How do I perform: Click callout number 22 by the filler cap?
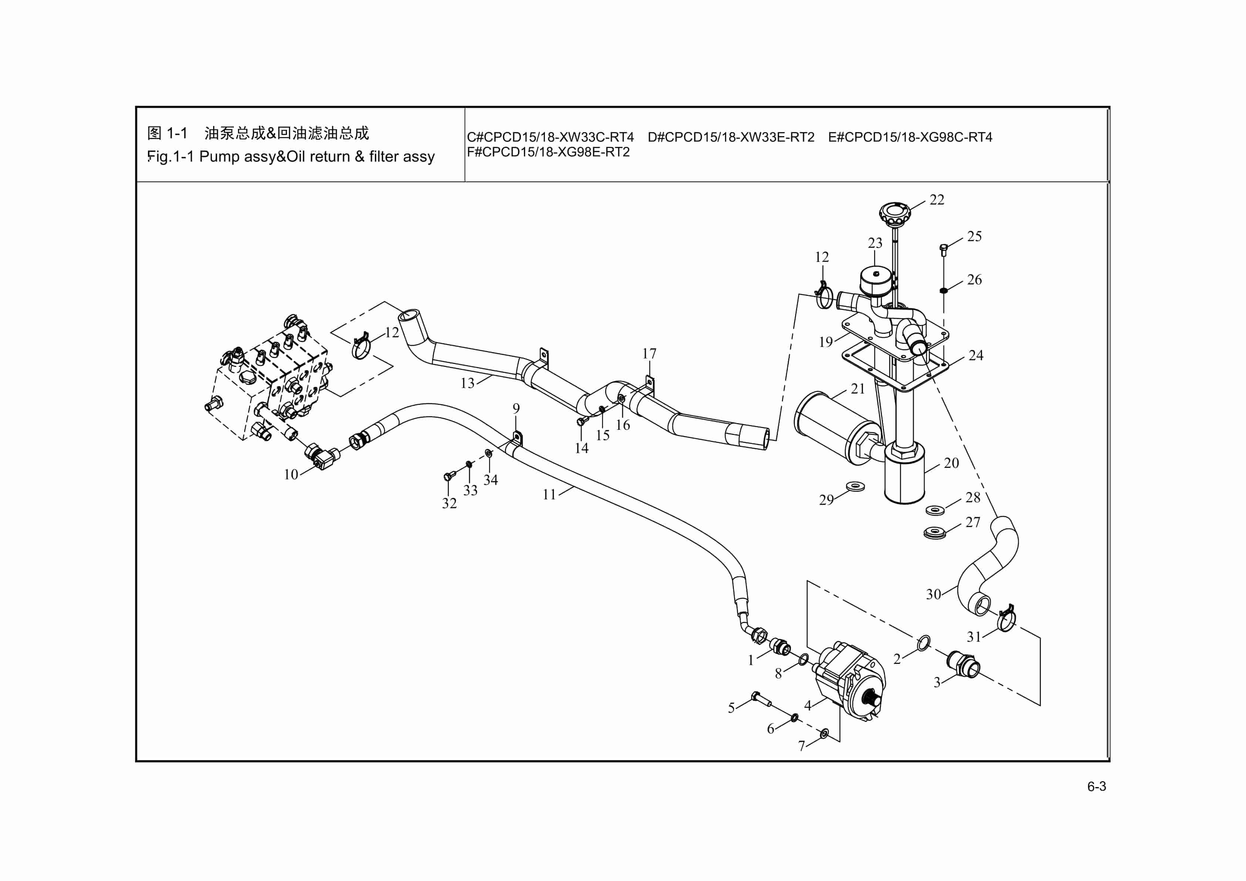pyautogui.click(x=937, y=200)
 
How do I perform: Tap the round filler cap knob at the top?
pyautogui.click(x=894, y=214)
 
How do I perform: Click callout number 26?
pyautogui.click(x=974, y=280)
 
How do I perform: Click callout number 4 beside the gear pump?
pyautogui.click(x=808, y=706)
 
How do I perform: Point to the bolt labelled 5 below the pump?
pyautogui.click(x=761, y=699)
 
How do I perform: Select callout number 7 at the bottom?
pyautogui.click(x=802, y=746)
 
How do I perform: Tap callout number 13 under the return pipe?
pyautogui.click(x=467, y=384)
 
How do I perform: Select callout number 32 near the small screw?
pyautogui.click(x=449, y=503)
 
